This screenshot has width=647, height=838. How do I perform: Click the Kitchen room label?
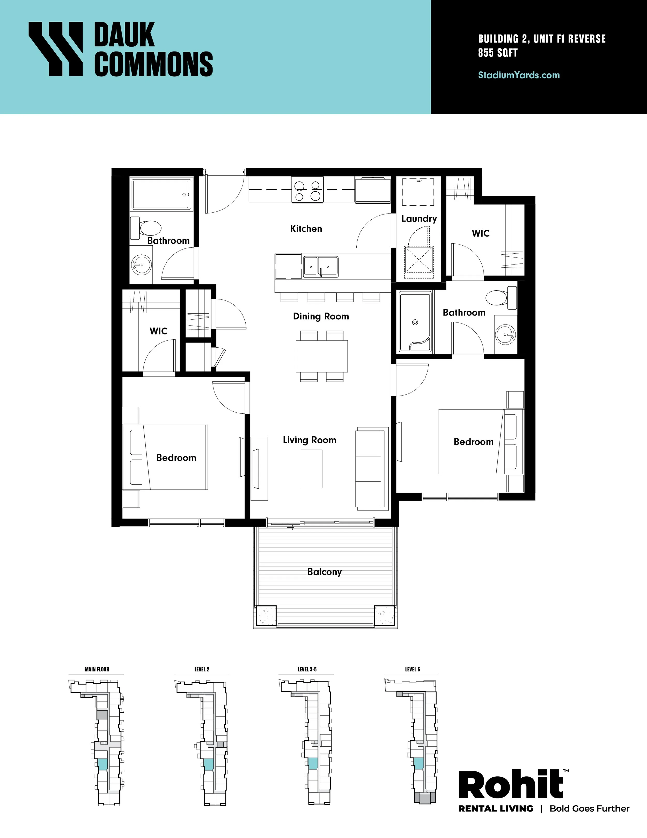(306, 229)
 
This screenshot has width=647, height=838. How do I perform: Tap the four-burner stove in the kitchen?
(307, 190)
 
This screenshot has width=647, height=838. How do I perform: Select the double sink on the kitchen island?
(321, 267)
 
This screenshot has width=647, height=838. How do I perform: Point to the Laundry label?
(419, 219)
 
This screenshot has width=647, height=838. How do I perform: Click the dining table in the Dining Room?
(322, 356)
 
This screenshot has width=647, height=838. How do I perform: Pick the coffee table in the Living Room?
(311, 469)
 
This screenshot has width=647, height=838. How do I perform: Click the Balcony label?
(324, 572)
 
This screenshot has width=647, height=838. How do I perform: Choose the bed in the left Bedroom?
(165, 457)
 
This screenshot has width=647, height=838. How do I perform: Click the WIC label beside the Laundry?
(481, 233)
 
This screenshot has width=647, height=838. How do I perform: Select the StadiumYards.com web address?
(519, 75)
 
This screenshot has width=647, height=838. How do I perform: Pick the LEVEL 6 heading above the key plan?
(413, 669)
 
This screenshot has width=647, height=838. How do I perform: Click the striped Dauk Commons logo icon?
(56, 48)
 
